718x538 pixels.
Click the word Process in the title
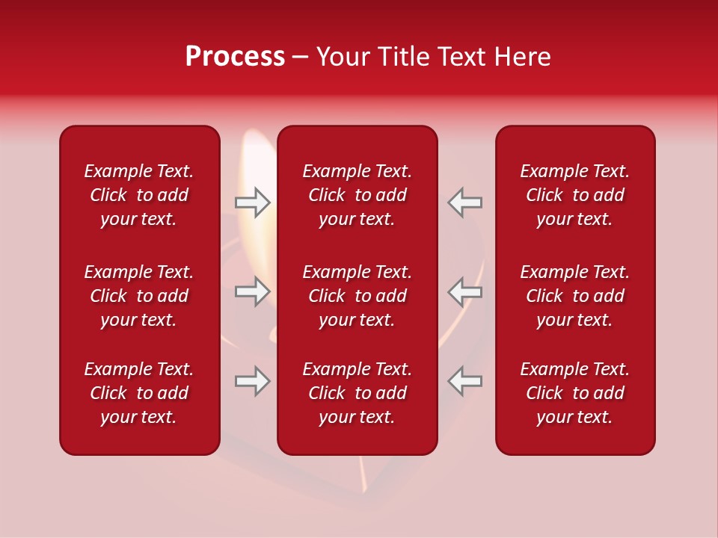(235, 57)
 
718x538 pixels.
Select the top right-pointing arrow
(252, 202)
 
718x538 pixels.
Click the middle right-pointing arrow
(252, 291)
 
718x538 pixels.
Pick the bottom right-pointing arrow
(252, 381)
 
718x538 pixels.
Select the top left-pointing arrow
(464, 202)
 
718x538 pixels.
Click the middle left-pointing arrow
(464, 291)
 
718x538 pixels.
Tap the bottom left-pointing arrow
(464, 381)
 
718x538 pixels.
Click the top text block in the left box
(139, 195)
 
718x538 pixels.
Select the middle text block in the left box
(139, 296)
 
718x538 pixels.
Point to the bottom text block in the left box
(139, 393)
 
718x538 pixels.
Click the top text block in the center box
(357, 195)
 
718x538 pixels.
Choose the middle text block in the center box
(357, 296)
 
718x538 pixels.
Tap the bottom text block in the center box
(357, 393)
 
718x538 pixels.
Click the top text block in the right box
(575, 195)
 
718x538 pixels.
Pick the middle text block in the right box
(575, 296)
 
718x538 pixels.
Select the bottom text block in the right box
(575, 393)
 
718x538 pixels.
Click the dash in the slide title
(301, 58)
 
